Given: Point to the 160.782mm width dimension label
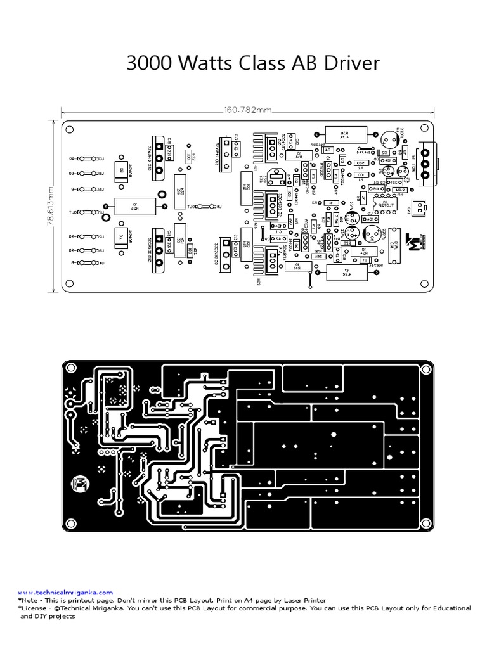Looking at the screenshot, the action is click(247, 110).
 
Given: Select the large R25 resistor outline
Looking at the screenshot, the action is click(134, 205).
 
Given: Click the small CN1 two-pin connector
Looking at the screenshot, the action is click(419, 206).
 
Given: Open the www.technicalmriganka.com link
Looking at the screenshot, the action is click(65, 592).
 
